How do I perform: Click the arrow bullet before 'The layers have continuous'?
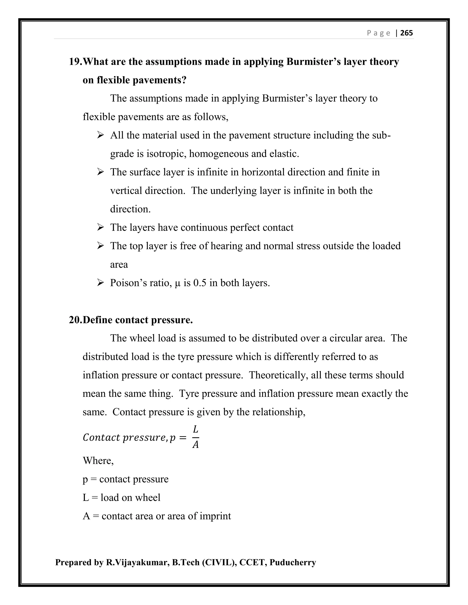click(100, 227)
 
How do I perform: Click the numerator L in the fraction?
click(195, 429)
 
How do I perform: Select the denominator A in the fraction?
click(195, 445)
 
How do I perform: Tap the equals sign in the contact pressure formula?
click(182, 438)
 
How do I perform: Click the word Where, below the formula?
click(98, 461)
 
